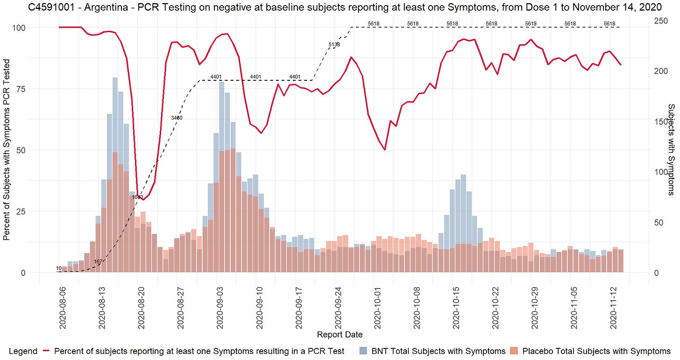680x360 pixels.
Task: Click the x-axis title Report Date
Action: [x=340, y=334]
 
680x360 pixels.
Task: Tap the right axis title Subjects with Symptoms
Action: [x=671, y=142]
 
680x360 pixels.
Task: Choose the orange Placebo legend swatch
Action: [x=516, y=351]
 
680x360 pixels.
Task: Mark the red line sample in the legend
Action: [x=46, y=351]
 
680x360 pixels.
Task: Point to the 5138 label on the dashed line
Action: [x=334, y=45]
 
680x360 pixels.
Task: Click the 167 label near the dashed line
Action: [x=98, y=262]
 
